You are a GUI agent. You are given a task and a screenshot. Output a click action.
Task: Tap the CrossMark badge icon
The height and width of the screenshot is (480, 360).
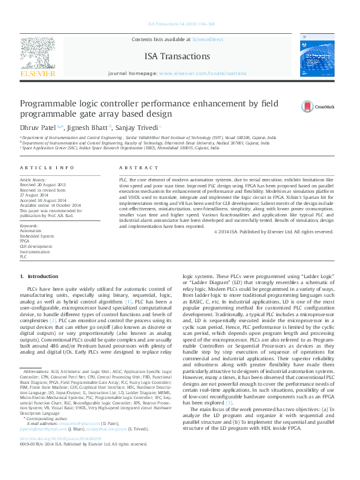click(309, 107)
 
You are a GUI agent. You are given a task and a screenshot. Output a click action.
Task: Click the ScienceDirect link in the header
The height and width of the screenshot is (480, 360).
click(207, 39)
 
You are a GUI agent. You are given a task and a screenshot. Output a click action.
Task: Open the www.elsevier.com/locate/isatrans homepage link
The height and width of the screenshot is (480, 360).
click(203, 73)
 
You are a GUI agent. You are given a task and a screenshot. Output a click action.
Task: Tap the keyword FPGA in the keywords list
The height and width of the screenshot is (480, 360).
click(25, 241)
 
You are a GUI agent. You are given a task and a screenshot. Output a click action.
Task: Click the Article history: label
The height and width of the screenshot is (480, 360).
click(33, 180)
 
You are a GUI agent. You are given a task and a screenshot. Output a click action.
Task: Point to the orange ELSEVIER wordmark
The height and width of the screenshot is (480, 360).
click(38, 73)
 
